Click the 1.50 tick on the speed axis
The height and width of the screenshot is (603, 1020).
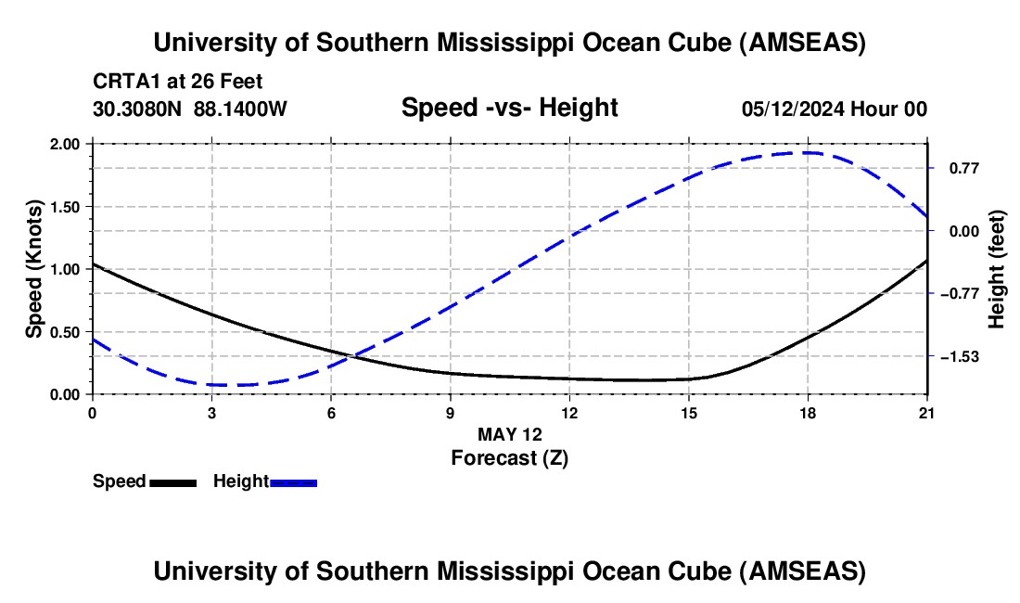point(66,206)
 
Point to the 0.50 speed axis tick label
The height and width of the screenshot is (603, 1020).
point(66,331)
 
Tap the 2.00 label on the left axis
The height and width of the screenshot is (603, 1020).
point(66,144)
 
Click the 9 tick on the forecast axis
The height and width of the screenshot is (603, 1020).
point(450,412)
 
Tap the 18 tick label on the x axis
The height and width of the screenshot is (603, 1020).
point(808,412)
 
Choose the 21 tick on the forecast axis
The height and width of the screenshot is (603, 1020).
point(927,412)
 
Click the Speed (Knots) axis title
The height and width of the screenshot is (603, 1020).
point(34,269)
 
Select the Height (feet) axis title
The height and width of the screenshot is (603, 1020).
point(997,269)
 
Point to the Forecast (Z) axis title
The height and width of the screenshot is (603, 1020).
point(509,457)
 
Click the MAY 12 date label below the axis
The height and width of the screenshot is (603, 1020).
point(509,434)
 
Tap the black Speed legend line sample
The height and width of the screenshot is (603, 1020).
point(172,481)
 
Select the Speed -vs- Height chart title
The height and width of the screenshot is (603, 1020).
point(509,108)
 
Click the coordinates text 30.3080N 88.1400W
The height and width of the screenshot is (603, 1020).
point(190,109)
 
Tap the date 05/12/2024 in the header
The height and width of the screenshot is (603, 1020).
point(794,109)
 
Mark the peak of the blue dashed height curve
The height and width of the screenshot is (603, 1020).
point(808,152)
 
